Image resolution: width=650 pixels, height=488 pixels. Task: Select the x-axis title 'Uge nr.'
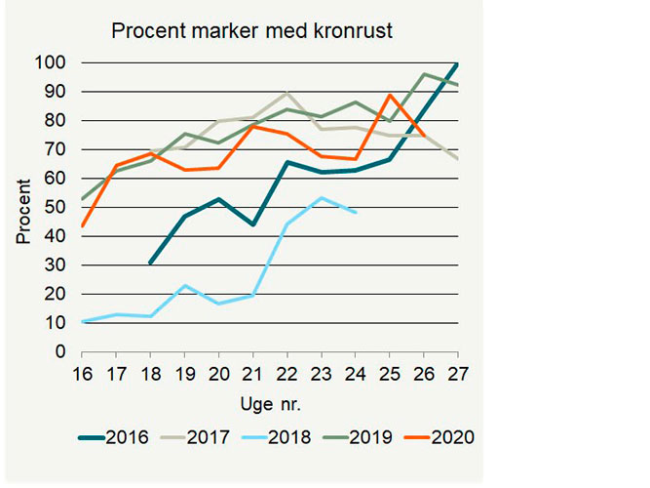pos(267,402)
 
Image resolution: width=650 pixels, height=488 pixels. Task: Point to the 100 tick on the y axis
pos(52,63)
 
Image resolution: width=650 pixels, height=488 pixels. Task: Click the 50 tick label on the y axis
pos(57,208)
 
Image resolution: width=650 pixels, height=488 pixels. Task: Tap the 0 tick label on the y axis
pos(60,352)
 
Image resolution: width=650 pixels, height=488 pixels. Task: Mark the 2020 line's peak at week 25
pos(390,95)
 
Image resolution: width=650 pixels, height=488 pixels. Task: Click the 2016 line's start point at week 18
pos(149,264)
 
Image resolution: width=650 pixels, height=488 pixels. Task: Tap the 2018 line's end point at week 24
pos(356,212)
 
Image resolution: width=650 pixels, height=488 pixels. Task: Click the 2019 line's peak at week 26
pos(424,74)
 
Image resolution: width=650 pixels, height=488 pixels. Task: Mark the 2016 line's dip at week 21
pos(252,224)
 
